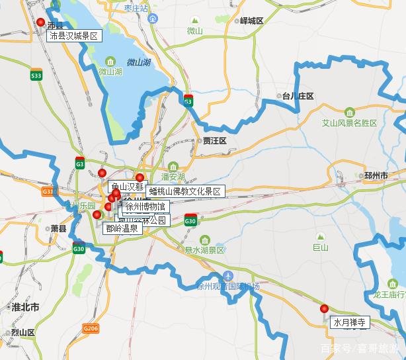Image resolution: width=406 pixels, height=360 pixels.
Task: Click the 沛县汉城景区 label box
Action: click(x=73, y=36)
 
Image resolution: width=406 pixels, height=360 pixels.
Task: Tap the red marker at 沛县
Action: click(x=41, y=22)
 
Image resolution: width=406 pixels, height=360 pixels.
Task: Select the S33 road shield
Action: click(x=36, y=76)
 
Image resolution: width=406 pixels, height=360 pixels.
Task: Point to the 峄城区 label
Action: click(x=251, y=21)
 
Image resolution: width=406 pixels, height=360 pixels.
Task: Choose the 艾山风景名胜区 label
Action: click(x=348, y=123)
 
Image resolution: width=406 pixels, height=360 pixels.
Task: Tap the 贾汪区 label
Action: click(x=215, y=141)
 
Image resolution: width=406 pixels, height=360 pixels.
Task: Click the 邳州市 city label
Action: click(x=376, y=175)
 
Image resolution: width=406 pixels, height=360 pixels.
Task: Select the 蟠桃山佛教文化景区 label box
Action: click(x=186, y=191)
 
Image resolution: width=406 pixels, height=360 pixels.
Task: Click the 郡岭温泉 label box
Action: click(x=121, y=228)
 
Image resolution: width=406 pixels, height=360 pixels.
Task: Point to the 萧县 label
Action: click(x=59, y=228)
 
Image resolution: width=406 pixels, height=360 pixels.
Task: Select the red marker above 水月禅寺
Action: click(x=324, y=308)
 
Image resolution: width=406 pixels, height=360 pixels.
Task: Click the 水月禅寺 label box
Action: click(x=350, y=323)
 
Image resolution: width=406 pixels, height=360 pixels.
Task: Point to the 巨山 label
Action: click(x=320, y=247)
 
